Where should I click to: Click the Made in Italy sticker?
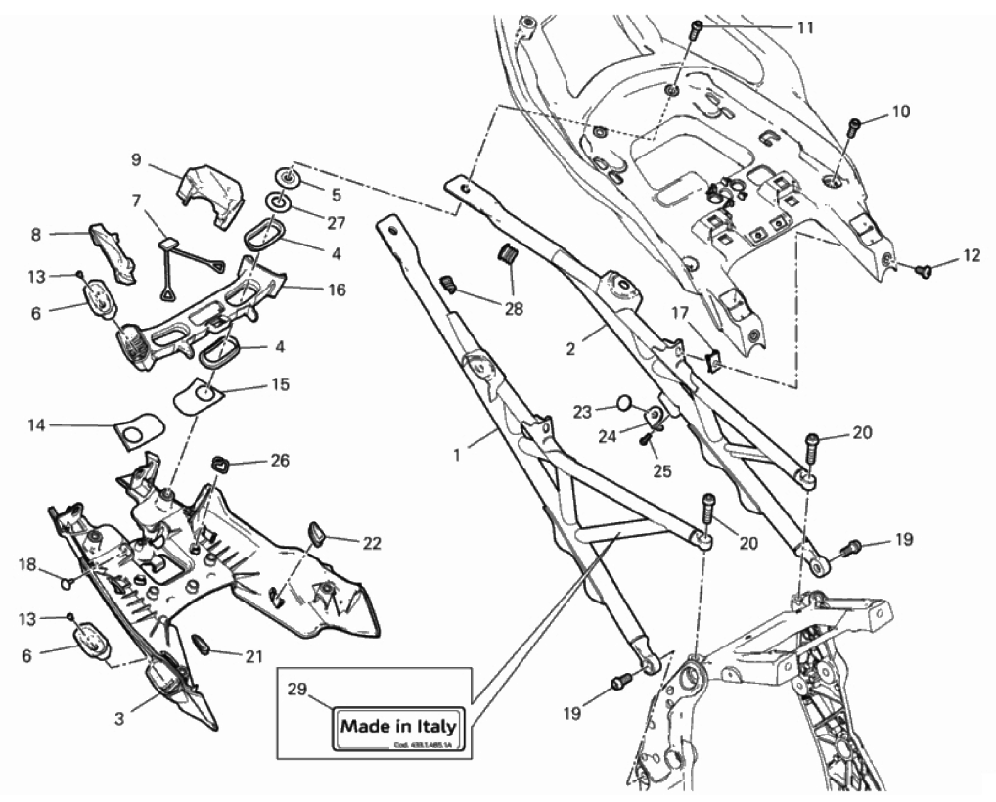(397, 729)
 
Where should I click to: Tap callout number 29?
(293, 689)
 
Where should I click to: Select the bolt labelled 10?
(854, 125)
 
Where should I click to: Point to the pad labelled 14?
(140, 427)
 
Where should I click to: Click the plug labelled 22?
(314, 533)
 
